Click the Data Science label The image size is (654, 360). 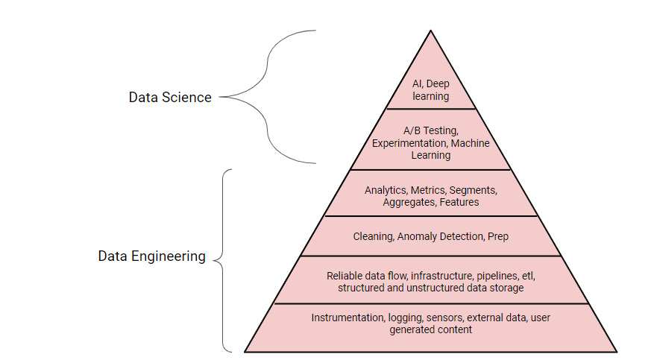coord(170,97)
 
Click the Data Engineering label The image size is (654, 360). coord(152,256)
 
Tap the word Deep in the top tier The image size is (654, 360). coord(438,83)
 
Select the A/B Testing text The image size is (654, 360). coord(431,131)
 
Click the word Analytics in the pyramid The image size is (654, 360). coord(386,190)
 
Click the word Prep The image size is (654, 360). coord(498,237)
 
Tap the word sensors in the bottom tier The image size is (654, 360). coord(444,318)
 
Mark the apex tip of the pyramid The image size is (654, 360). coord(431,30)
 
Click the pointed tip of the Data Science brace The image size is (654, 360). coord(220,97)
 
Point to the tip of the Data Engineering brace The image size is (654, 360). coord(214,260)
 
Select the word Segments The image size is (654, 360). coord(474,190)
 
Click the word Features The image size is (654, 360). coord(459,203)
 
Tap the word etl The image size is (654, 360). coord(529,277)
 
